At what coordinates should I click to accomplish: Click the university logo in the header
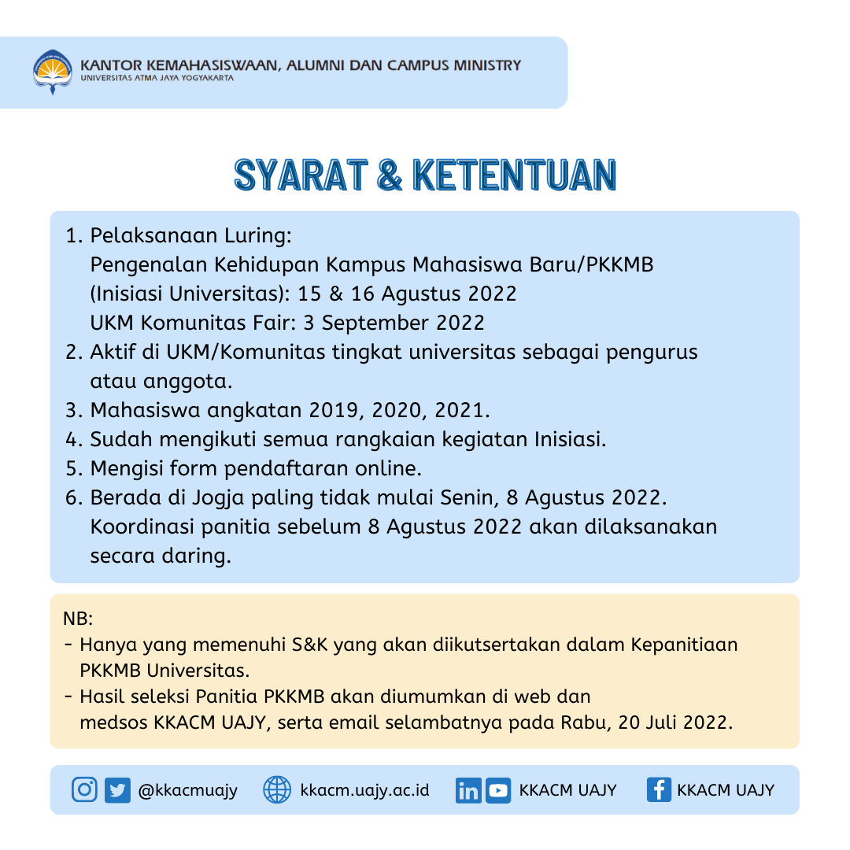click(x=53, y=72)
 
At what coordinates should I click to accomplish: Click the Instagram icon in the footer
click(x=84, y=789)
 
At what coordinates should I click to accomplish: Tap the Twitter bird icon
click(x=117, y=789)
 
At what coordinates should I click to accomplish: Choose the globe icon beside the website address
click(x=277, y=789)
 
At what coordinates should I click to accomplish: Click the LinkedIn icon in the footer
click(x=468, y=789)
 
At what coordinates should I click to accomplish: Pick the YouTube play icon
click(x=497, y=789)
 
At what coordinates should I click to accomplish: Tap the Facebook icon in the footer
click(x=659, y=789)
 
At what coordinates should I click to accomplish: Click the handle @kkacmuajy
click(x=187, y=789)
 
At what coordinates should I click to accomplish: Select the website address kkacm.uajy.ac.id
click(x=365, y=789)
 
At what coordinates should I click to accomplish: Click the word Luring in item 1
click(x=259, y=235)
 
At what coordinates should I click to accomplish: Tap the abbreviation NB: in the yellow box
click(x=78, y=618)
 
